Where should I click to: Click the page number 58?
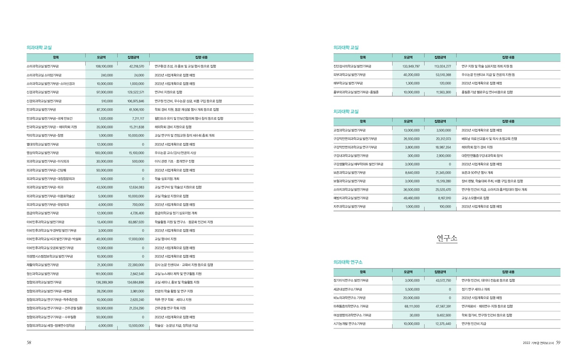tap(29, 343)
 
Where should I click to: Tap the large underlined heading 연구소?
tap(447, 239)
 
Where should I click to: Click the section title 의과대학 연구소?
tap(347, 261)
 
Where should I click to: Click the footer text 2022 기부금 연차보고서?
tap(538, 343)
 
